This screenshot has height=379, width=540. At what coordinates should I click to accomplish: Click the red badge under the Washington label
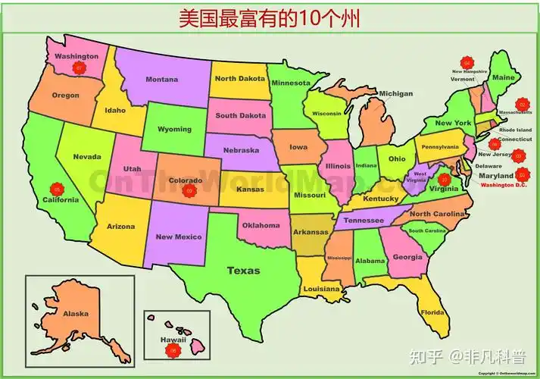click(x=78, y=68)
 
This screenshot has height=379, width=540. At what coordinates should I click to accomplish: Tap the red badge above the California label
click(x=57, y=189)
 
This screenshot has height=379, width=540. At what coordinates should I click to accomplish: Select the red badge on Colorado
click(x=189, y=192)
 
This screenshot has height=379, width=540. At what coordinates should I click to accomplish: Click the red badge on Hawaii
click(x=173, y=351)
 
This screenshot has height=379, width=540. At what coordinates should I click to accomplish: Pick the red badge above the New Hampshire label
click(x=467, y=62)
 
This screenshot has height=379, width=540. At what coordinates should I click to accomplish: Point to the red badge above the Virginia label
click(x=445, y=180)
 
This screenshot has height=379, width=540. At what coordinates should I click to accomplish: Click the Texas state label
click(x=243, y=271)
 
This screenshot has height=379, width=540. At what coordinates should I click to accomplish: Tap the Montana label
click(x=162, y=80)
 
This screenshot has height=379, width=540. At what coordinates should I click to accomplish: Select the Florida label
click(x=432, y=313)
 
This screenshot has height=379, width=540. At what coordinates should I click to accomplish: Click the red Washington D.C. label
click(x=503, y=184)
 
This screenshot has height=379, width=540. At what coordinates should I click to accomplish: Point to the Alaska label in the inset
click(x=76, y=314)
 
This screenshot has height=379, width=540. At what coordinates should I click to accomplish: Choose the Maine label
click(x=504, y=77)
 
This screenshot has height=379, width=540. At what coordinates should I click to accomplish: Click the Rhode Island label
click(x=515, y=130)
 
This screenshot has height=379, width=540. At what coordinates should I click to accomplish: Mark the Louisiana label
click(x=321, y=289)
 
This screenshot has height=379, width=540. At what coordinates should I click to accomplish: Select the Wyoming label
click(x=174, y=129)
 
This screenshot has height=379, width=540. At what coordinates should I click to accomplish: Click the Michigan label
click(x=396, y=94)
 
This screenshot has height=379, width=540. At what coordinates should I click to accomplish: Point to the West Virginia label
click(x=418, y=177)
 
